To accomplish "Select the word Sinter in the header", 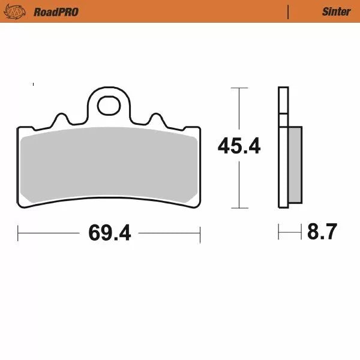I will pos(336,11).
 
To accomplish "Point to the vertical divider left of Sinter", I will pos(288,11).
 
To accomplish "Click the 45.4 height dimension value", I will pos(239,145).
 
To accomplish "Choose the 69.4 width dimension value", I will pos(109,232).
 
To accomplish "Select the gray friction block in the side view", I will pos(295,164).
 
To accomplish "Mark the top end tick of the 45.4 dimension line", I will pos(239,88).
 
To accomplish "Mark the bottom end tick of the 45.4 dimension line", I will pos(239,208).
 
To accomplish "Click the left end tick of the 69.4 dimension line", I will pos(18,232).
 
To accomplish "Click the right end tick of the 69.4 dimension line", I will pos(200,232).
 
